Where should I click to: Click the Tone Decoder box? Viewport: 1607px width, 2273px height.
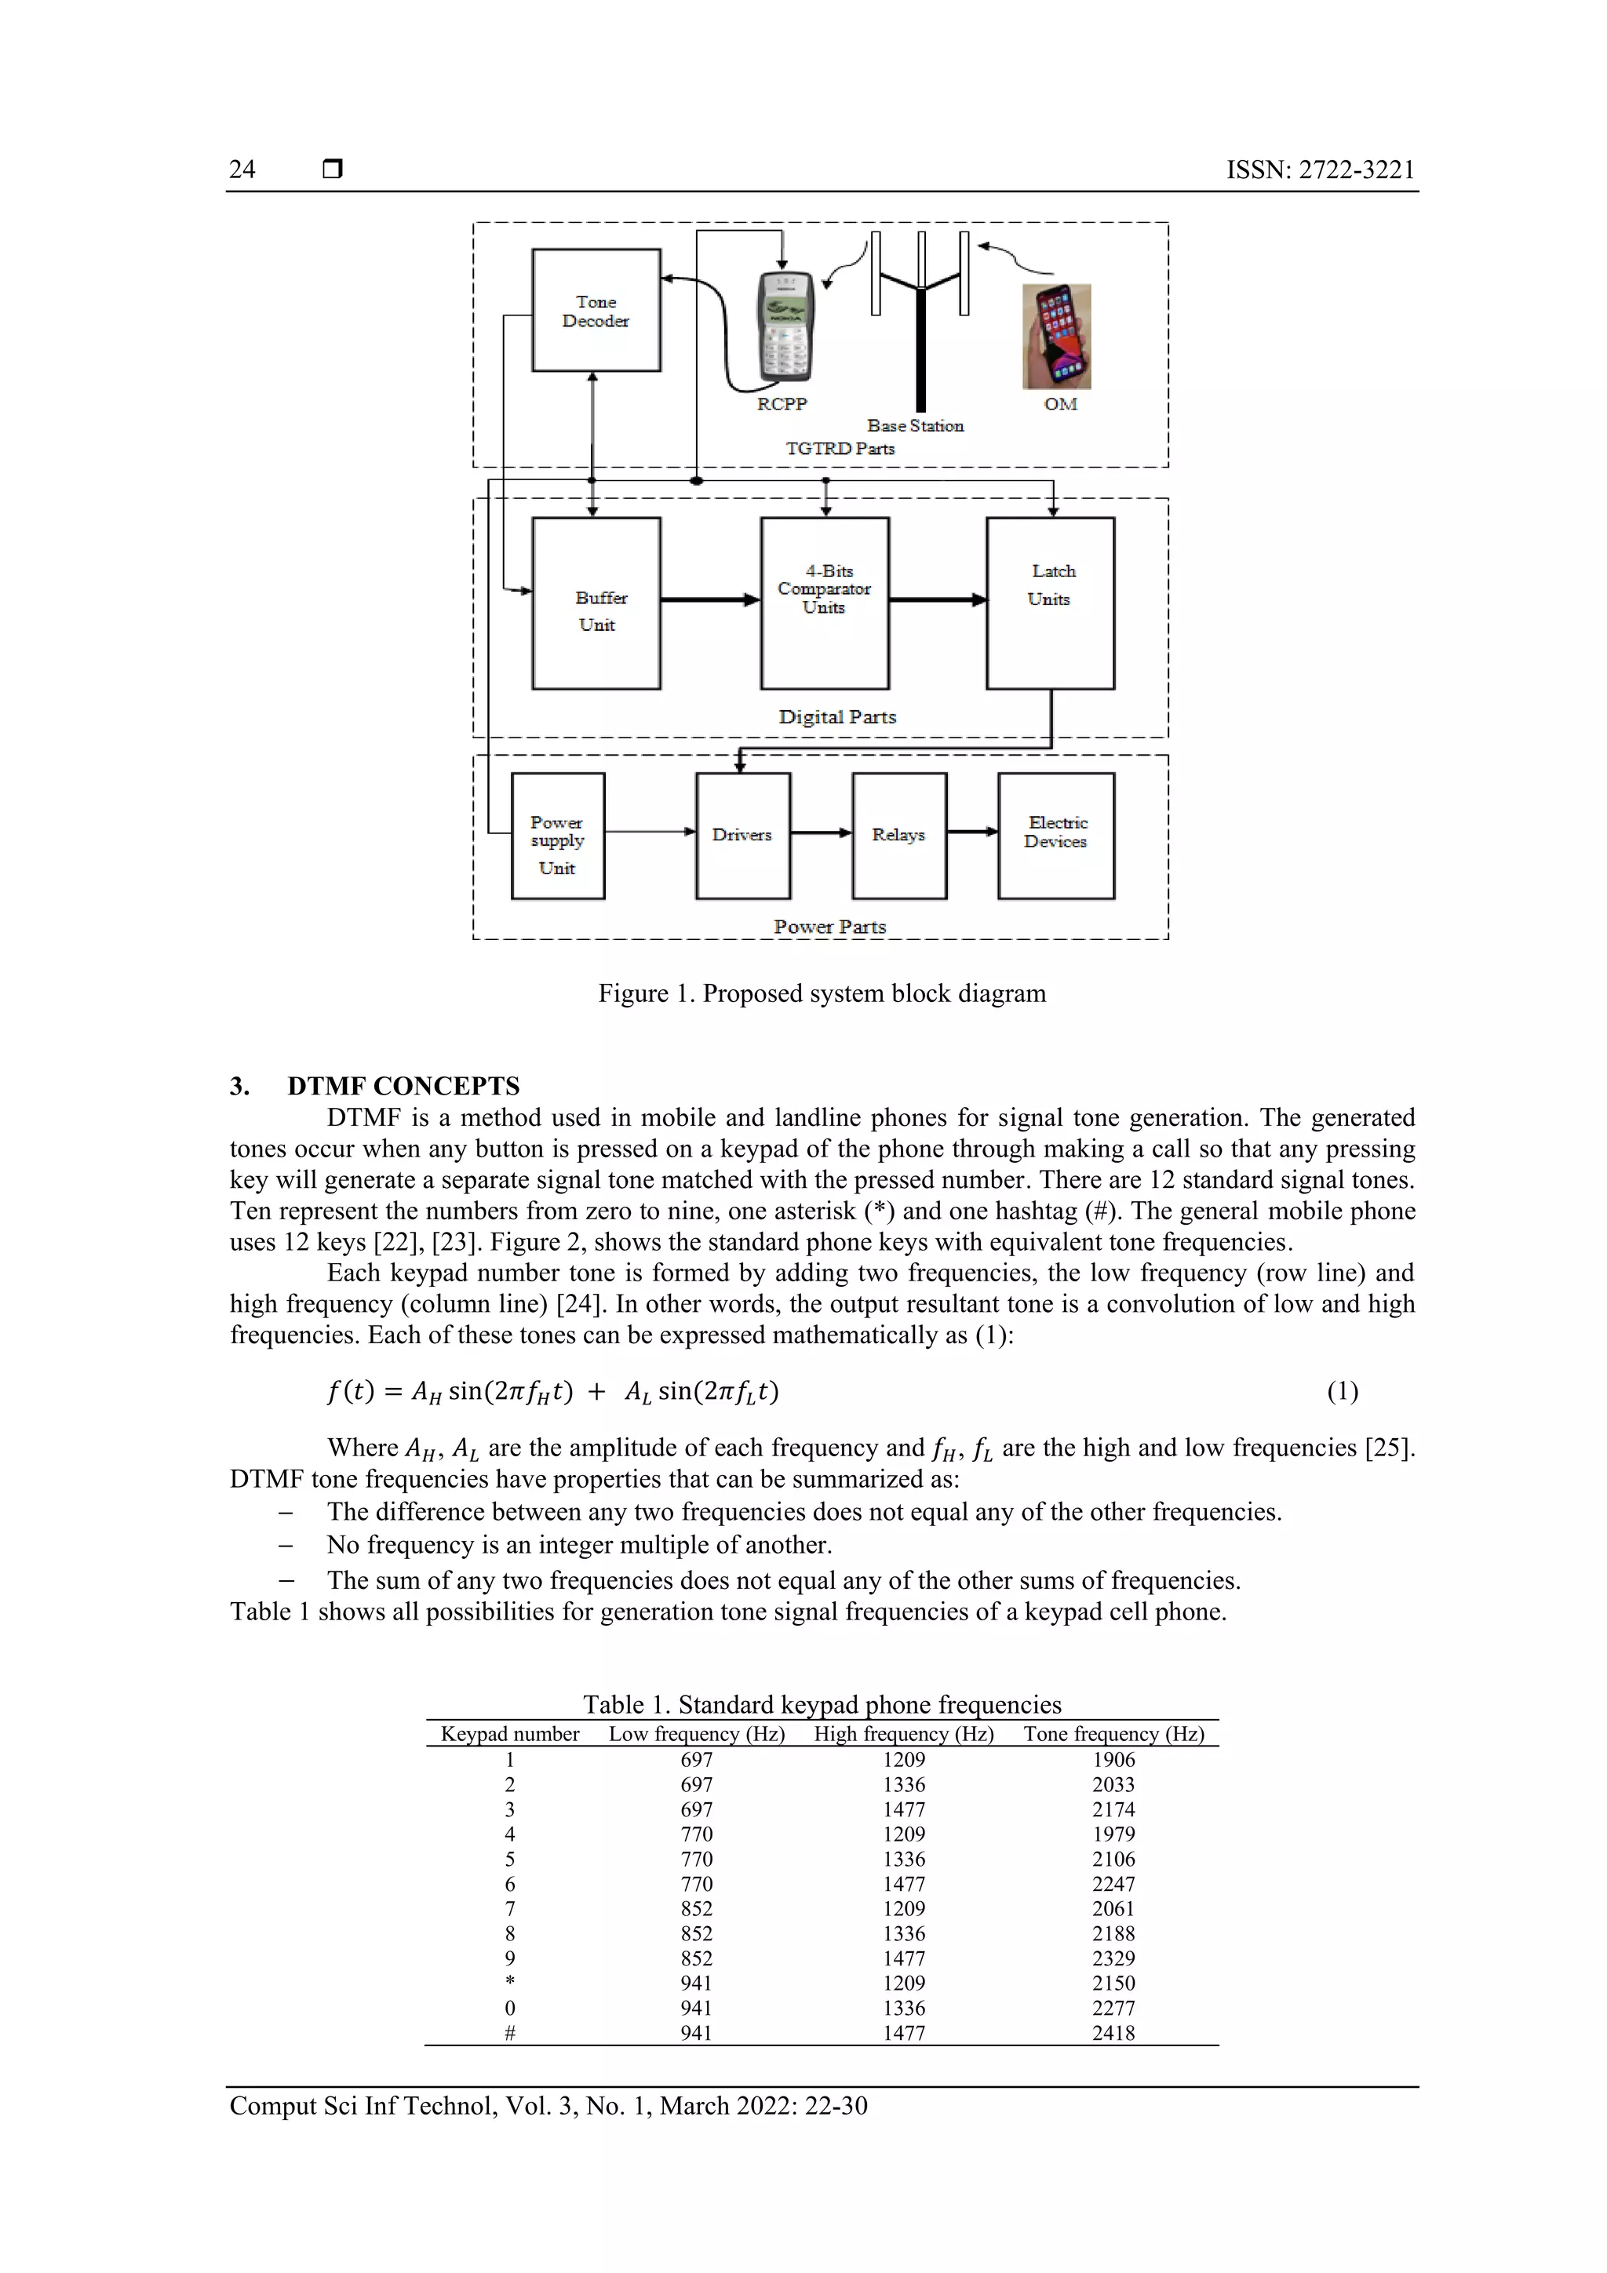(596, 311)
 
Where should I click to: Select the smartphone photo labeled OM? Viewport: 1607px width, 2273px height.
(1056, 337)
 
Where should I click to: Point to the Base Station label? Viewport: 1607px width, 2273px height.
(915, 426)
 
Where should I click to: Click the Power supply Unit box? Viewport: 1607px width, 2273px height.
(557, 836)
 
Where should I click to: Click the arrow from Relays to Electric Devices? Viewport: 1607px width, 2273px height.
(972, 832)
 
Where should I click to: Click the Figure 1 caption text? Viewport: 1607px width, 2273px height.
(822, 994)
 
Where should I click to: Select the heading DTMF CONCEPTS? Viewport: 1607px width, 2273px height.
(403, 1086)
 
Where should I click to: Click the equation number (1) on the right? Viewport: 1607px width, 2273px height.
(1342, 1392)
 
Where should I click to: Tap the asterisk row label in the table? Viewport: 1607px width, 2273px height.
(510, 1982)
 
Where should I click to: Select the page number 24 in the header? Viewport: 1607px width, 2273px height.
(242, 169)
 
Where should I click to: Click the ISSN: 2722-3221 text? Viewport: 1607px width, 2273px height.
(1320, 169)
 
